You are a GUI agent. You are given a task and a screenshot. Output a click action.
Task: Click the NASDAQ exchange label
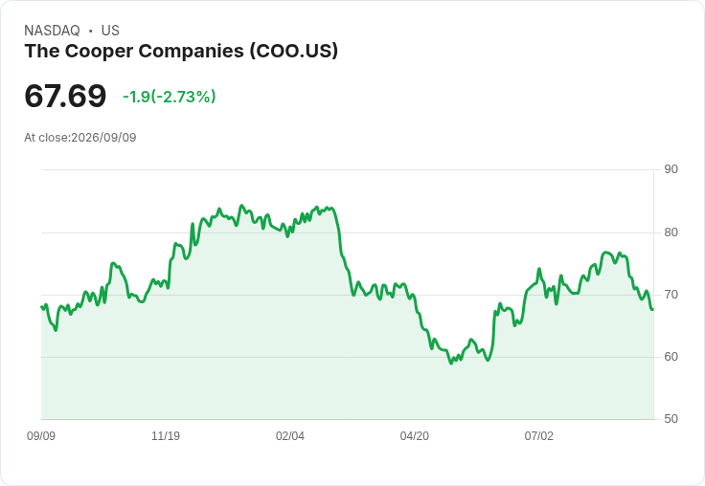click(52, 31)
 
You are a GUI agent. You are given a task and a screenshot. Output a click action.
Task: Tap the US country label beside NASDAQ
click(110, 31)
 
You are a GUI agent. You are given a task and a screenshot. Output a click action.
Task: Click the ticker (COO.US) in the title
click(294, 51)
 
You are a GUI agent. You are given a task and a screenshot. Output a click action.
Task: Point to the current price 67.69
click(65, 96)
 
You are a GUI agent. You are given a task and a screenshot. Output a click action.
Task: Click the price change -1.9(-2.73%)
click(169, 97)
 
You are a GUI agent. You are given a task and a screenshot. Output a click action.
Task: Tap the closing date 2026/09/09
click(103, 138)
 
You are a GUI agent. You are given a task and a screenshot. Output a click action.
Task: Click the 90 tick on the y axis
click(671, 169)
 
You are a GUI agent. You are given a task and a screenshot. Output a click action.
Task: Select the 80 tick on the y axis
click(671, 232)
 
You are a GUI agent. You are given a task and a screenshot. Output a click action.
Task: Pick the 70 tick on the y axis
click(671, 295)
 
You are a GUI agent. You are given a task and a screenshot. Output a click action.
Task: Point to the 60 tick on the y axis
click(671, 357)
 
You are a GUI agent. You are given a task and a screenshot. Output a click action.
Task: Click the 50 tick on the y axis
click(671, 419)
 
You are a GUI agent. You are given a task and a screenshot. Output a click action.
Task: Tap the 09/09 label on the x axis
click(41, 435)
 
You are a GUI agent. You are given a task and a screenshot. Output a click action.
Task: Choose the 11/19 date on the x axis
click(166, 435)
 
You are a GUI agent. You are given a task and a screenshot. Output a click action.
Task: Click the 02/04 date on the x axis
click(290, 435)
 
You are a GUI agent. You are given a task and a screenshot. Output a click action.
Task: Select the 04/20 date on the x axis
click(415, 435)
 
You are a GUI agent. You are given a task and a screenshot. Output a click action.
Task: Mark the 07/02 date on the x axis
click(539, 435)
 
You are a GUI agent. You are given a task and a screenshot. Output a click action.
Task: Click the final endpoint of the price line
click(653, 309)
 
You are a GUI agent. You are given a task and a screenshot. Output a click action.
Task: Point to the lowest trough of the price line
click(451, 363)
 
